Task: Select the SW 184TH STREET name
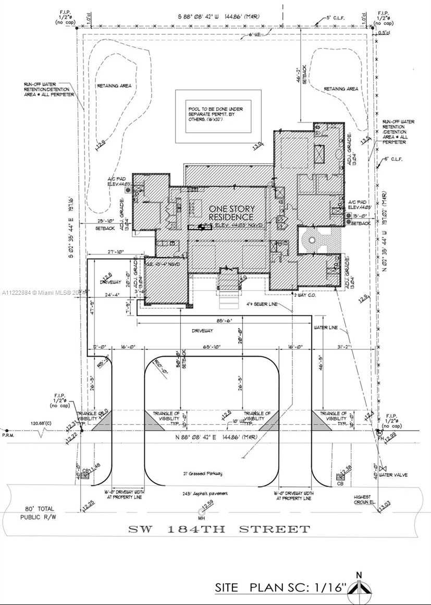coord(219,530)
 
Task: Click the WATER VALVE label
coord(393,474)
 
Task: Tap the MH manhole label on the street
coord(201,518)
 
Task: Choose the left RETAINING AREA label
coord(114,85)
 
